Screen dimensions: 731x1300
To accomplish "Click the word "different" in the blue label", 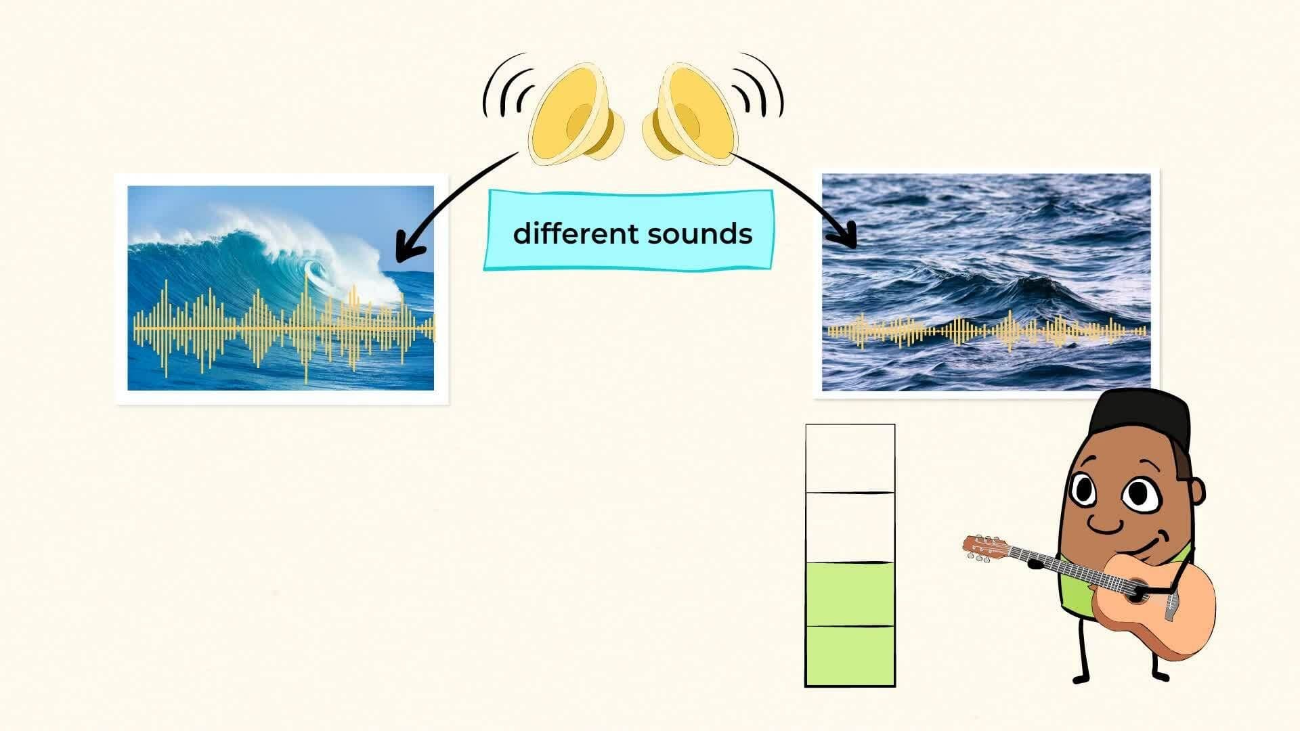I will [x=576, y=234].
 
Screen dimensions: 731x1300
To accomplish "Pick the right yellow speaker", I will [x=691, y=115].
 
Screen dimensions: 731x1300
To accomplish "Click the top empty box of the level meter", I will [x=850, y=458].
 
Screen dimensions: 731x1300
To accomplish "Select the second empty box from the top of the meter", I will [x=850, y=527].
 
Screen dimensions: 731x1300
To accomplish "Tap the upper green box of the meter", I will [x=850, y=594].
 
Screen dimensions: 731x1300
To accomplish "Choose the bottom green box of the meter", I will [x=850, y=655].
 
